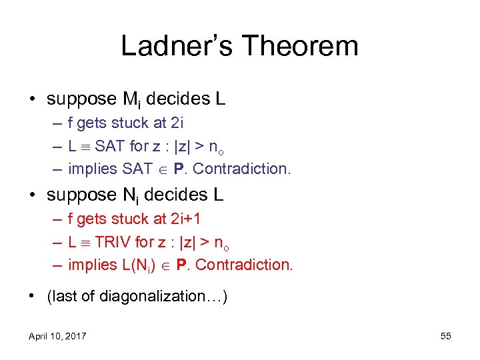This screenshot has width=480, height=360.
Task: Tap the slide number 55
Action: click(446, 336)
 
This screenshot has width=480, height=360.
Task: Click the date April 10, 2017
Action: click(57, 336)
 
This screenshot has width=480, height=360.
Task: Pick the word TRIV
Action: click(115, 242)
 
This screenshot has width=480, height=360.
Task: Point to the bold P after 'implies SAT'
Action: click(178, 169)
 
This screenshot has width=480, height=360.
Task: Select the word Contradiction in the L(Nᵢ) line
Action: click(244, 265)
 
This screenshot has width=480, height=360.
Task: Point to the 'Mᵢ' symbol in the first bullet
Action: click(131, 100)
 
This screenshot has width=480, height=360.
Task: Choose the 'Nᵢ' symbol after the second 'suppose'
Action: click(129, 195)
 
